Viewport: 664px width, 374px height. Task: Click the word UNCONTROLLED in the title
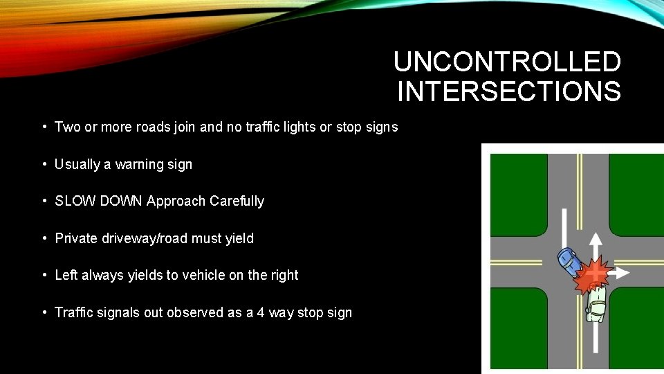507,62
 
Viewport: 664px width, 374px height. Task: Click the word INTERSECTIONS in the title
509,91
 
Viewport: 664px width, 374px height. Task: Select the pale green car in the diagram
596,303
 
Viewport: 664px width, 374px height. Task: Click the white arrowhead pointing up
594,239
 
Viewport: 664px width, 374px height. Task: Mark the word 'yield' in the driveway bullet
240,239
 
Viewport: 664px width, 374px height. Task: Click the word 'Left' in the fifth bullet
66,276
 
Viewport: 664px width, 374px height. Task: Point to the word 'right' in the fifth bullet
284,276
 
